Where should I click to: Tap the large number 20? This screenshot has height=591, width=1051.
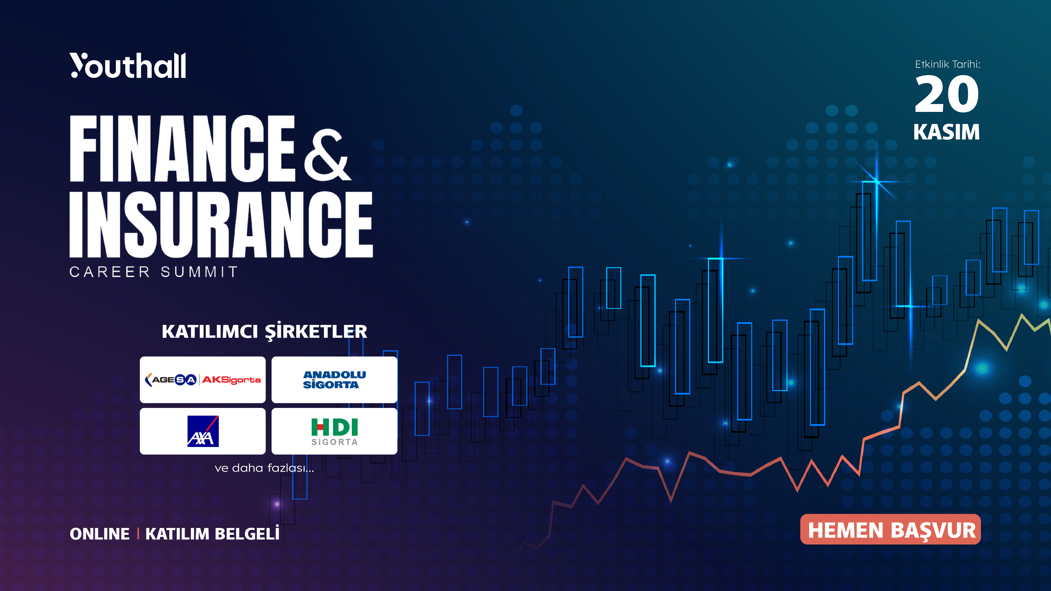point(946,95)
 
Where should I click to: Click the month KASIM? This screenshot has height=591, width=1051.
point(946,132)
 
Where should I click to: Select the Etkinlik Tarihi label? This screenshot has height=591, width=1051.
point(947,64)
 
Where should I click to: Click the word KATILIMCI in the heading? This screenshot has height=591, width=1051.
point(210,331)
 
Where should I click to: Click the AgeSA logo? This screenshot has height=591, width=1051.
point(171,380)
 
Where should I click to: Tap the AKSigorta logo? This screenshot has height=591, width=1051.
point(231,380)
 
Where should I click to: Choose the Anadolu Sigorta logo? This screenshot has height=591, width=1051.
point(334,380)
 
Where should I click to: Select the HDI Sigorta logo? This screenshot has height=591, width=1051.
point(334,432)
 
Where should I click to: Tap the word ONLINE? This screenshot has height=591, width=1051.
point(100,534)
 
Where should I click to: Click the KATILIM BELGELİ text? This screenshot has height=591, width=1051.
point(212,534)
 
